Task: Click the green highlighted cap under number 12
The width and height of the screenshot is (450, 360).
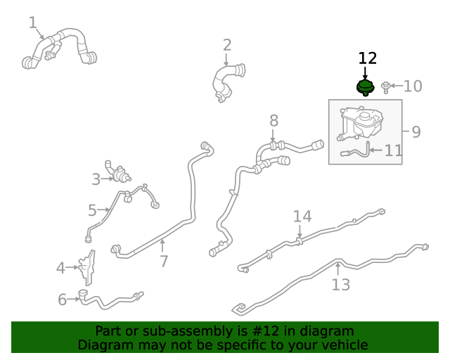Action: [x=365, y=88]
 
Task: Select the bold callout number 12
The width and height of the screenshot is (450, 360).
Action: [x=368, y=58]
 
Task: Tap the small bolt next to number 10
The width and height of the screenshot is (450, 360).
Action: [x=385, y=87]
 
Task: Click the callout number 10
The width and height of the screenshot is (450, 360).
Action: [x=413, y=86]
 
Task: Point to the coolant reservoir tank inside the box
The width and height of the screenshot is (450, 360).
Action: [x=361, y=123]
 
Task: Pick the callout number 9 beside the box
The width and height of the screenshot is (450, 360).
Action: [x=416, y=131]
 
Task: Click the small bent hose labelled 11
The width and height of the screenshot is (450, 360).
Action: [x=356, y=150]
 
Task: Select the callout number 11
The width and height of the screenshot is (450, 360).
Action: [x=393, y=150]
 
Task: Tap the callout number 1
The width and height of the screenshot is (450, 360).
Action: [x=33, y=22]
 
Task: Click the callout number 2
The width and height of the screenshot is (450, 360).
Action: [x=227, y=45]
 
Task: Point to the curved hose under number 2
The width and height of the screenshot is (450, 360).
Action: [x=228, y=82]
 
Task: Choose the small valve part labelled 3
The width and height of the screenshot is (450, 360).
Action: [x=117, y=172]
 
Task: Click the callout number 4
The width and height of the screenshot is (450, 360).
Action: [x=60, y=268]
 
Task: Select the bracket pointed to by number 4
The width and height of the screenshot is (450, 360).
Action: [x=86, y=268]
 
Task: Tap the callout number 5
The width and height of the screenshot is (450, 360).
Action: [x=92, y=210]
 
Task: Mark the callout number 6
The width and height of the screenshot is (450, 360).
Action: [x=63, y=300]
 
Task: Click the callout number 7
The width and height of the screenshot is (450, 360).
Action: [x=164, y=262]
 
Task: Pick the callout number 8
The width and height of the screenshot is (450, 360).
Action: [x=274, y=120]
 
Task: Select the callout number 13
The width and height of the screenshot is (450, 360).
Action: [x=340, y=285]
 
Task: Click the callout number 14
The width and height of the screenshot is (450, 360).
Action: [x=302, y=217]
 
